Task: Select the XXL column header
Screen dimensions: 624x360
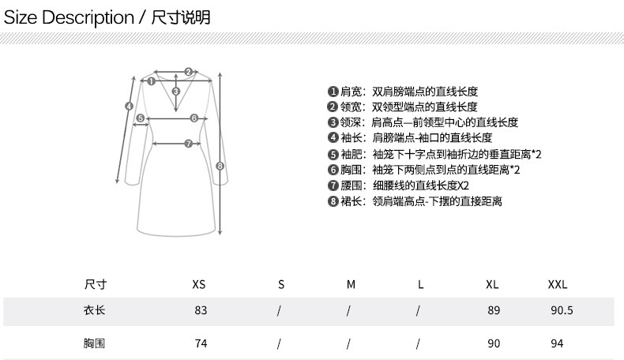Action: pyautogui.click(x=558, y=284)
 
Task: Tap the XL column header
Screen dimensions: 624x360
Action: pyautogui.click(x=491, y=284)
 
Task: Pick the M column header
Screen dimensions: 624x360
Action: pyautogui.click(x=351, y=284)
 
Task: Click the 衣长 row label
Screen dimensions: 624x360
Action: pyautogui.click(x=94, y=310)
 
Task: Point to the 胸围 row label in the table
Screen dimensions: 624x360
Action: pyautogui.click(x=94, y=344)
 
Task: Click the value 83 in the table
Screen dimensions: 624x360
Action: pyautogui.click(x=201, y=311)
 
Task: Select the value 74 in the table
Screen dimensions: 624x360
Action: pyautogui.click(x=201, y=344)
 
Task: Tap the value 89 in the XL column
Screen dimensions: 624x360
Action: pyautogui.click(x=494, y=311)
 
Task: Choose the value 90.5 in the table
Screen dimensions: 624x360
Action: pyautogui.click(x=561, y=311)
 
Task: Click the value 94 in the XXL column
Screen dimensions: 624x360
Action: pyautogui.click(x=557, y=344)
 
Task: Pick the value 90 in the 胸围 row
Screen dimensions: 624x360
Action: pyautogui.click(x=494, y=344)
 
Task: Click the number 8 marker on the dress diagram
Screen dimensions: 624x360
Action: pyautogui.click(x=220, y=166)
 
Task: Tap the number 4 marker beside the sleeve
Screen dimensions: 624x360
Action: pyautogui.click(x=128, y=106)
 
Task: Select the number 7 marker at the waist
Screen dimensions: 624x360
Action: pyautogui.click(x=187, y=144)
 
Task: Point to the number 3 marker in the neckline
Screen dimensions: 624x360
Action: pyautogui.click(x=176, y=92)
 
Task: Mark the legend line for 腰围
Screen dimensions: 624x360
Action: pyautogui.click(x=399, y=186)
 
